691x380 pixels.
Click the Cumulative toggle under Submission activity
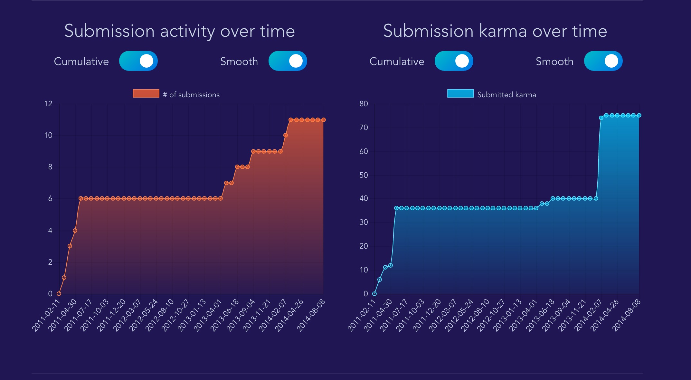[138, 61]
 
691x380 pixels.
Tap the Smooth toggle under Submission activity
[288, 61]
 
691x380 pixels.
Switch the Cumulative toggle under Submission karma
[454, 61]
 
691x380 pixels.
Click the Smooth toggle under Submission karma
[603, 61]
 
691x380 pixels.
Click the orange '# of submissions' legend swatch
[146, 93]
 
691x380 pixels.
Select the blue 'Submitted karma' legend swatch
[460, 93]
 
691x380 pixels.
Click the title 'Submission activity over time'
[180, 31]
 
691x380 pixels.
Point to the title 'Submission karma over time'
[495, 31]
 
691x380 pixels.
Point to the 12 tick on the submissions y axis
[48, 104]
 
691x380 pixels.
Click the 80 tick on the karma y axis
[364, 104]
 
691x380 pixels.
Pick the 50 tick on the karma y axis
[364, 175]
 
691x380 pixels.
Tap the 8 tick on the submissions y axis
[50, 167]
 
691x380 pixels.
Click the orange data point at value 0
[59, 293]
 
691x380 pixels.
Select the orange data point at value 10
[285, 135]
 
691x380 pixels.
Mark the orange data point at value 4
[75, 231]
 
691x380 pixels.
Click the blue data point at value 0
[374, 293]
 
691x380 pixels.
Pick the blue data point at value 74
[601, 118]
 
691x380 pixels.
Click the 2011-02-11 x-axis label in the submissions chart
[46, 315]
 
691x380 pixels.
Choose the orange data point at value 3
[70, 246]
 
